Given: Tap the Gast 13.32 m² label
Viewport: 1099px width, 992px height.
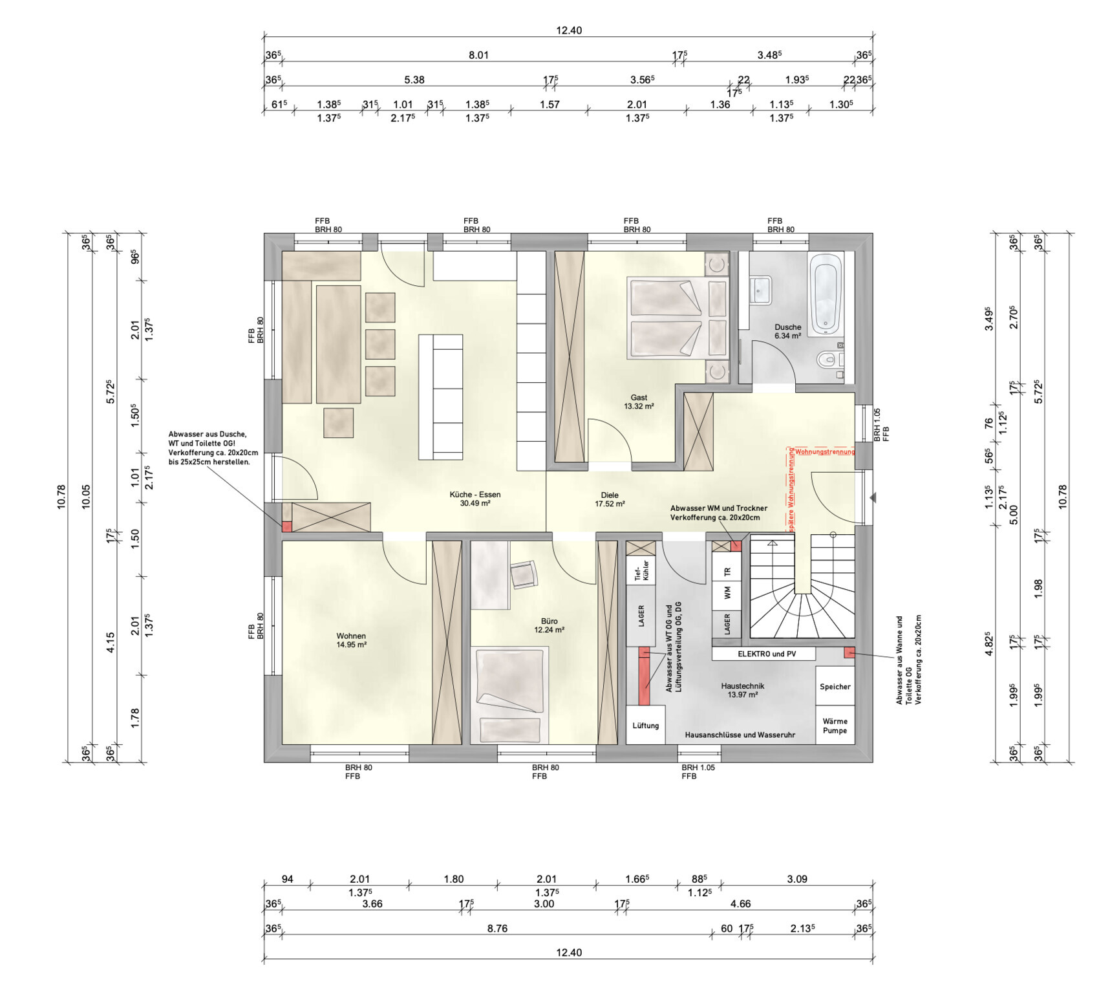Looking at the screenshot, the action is [x=639, y=402].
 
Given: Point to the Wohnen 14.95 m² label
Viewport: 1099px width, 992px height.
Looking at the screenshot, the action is [x=351, y=640].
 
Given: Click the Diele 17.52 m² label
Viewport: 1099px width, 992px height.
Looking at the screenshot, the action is [x=610, y=499].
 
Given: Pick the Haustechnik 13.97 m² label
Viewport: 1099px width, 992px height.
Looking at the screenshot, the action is [x=743, y=690].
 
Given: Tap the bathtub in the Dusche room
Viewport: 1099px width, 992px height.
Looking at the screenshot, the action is [x=826, y=294].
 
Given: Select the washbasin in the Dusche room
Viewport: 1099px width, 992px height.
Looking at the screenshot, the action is [x=760, y=290].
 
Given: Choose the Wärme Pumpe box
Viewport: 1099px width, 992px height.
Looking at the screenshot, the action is [x=835, y=726].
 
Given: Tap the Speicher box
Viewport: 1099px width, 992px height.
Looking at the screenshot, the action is [x=835, y=686].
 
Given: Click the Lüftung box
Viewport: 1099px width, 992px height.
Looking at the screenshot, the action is [x=646, y=725].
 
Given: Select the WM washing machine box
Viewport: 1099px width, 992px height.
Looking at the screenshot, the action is [x=727, y=592].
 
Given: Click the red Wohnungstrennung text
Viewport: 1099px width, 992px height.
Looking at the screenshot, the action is [x=825, y=451].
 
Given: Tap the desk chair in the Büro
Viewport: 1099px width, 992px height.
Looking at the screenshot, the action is [x=524, y=574].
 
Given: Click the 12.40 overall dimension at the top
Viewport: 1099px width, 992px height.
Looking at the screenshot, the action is [x=569, y=30].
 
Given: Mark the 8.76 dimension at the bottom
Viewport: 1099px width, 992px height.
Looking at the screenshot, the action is [x=497, y=929].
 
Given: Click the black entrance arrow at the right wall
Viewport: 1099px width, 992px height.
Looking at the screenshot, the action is [x=872, y=498].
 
